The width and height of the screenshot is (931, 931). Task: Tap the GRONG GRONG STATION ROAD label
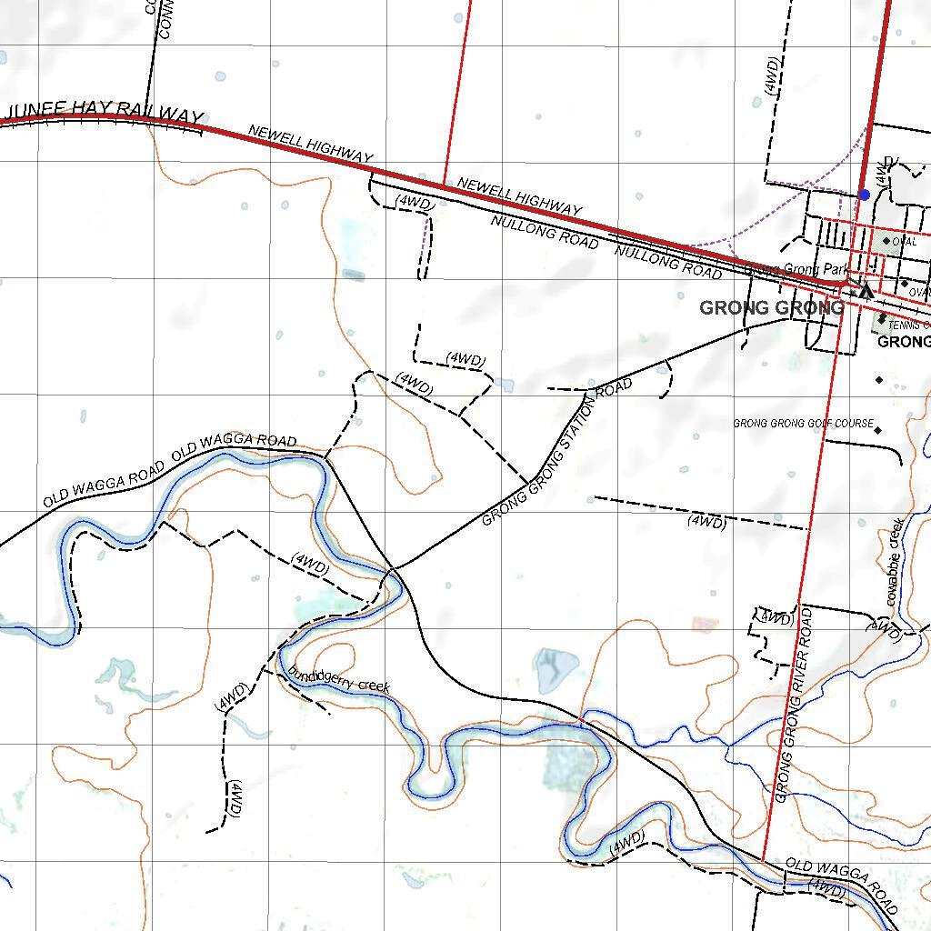[x=556, y=453]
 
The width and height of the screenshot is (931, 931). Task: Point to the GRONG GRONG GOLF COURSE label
[x=803, y=424]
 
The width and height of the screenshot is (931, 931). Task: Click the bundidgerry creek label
[x=338, y=680]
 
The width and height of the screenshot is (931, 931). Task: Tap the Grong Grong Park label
[x=796, y=270]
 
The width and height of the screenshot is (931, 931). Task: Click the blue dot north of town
[x=864, y=195]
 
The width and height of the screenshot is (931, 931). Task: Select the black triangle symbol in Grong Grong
[x=866, y=291]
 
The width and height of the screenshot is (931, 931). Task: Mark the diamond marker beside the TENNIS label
[x=881, y=317]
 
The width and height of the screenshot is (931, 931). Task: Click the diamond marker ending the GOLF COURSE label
[x=878, y=429]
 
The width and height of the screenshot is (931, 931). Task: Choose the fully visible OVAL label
[x=905, y=242]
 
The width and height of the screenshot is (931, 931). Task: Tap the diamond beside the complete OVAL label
[x=886, y=241]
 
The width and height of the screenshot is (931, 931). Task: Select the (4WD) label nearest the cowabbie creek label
[x=884, y=629]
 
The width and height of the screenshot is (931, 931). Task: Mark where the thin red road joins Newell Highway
[x=443, y=183]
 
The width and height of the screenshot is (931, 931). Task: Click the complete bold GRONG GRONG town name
[x=771, y=308]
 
